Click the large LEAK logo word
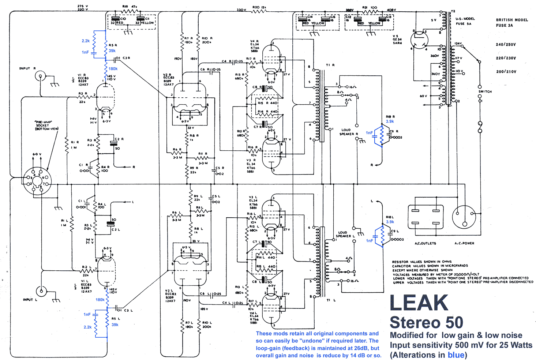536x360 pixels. [x=419, y=303]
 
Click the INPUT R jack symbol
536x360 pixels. [x=40, y=76]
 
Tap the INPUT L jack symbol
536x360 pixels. [x=41, y=292]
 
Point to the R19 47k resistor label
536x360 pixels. [x=130, y=7]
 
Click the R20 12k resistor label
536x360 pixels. [x=260, y=7]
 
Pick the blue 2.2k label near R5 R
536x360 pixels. [x=86, y=41]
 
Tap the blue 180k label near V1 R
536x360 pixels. [x=113, y=69]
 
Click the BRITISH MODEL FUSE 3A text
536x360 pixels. [x=511, y=23]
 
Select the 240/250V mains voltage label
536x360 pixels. [x=506, y=45]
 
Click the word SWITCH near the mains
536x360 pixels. [x=485, y=91]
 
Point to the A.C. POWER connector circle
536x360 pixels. [x=464, y=217]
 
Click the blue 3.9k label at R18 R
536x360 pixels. [x=390, y=121]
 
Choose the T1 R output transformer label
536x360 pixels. [x=330, y=65]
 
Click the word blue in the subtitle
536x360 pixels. [x=456, y=355]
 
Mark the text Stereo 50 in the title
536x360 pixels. [x=426, y=323]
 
